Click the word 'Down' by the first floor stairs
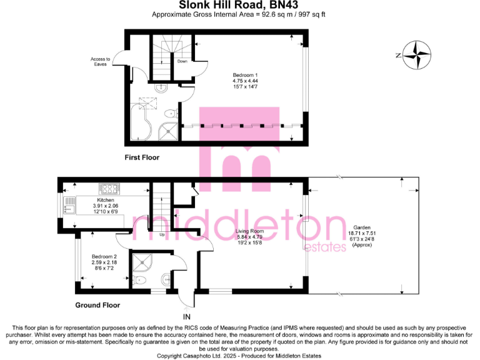(x=182, y=62)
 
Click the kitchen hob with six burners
(x=109, y=188)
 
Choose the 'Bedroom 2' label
(x=104, y=257)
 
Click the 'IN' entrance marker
(x=187, y=317)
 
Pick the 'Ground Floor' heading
(x=97, y=306)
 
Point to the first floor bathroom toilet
(x=169, y=114)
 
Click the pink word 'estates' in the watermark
(x=324, y=247)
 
